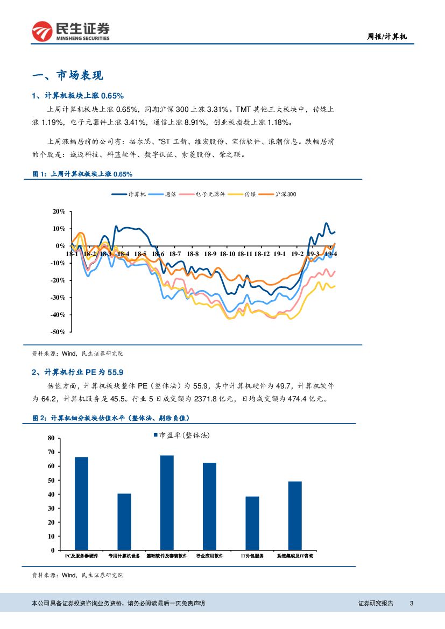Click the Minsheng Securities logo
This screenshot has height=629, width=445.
pos(70,31)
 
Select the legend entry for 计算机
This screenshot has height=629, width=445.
pos(129,194)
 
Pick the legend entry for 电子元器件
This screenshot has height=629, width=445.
pos(202,194)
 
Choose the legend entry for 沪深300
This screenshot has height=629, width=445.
pos(277,194)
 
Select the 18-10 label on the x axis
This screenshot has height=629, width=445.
pos(228,253)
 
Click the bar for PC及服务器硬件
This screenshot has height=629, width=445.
pos(81,503)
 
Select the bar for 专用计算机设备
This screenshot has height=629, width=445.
pos(124,521)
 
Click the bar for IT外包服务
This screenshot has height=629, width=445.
pos(252,523)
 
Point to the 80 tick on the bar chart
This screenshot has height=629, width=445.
pos(51,438)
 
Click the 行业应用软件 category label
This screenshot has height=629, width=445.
pos(209,555)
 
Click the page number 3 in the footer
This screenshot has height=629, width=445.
pos(411,603)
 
